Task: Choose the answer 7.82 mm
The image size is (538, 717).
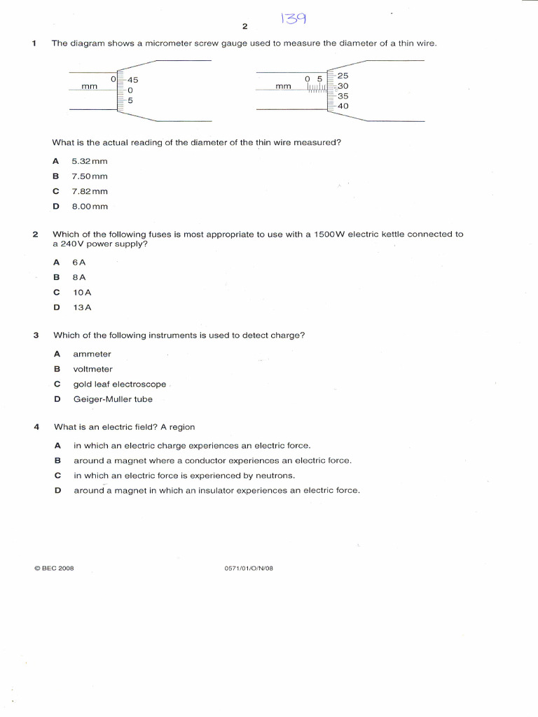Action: click(90, 191)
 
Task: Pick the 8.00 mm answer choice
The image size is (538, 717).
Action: click(90, 207)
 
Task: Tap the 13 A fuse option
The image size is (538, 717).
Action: click(82, 307)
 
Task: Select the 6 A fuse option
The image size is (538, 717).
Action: click(79, 262)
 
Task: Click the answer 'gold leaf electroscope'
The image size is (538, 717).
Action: click(120, 384)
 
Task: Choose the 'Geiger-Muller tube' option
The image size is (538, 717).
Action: click(113, 400)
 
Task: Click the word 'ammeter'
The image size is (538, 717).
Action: click(92, 354)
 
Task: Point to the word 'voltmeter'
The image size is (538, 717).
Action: click(92, 369)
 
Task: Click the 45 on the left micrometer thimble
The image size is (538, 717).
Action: click(132, 80)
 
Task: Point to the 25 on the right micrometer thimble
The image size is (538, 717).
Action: click(343, 75)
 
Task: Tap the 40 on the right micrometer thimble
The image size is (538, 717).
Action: click(343, 106)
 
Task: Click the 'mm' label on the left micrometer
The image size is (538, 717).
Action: click(89, 87)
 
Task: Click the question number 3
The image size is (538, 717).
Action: click(35, 335)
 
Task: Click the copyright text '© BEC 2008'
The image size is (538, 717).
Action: click(54, 569)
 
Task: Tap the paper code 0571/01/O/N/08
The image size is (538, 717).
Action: click(248, 569)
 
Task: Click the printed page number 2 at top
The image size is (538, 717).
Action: click(244, 27)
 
